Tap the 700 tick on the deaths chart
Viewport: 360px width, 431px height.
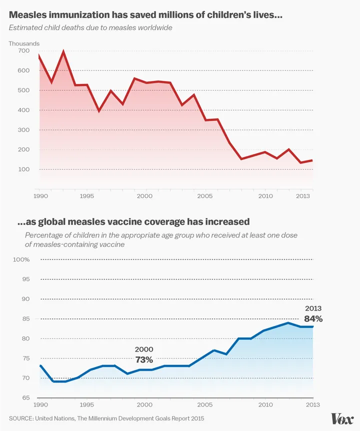click(x=23, y=51)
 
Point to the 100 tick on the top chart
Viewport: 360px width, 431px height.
click(x=23, y=169)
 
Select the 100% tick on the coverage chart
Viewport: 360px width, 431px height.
click(x=21, y=259)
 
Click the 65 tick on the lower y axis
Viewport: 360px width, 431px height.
click(x=25, y=397)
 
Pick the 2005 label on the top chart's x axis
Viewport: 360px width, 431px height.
click(x=204, y=196)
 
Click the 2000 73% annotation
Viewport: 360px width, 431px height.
click(x=143, y=354)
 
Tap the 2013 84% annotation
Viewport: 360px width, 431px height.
click(x=313, y=314)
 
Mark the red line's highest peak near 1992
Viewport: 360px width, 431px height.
click(x=63, y=51)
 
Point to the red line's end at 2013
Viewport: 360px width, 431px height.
click(x=312, y=160)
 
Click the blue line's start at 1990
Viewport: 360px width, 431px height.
click(x=39, y=365)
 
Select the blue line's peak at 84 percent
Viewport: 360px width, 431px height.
click(x=288, y=322)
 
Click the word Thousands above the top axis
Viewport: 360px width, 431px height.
click(x=24, y=43)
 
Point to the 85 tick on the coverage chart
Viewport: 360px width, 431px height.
click(x=25, y=318)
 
